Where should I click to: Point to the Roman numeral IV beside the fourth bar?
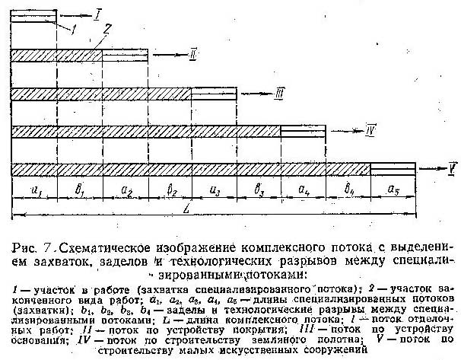(x=370, y=129)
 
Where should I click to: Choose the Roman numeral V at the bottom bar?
(x=453, y=165)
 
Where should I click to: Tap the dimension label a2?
(x=124, y=188)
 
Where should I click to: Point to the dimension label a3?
(x=214, y=188)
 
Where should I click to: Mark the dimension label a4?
(x=303, y=188)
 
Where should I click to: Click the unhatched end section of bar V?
(x=393, y=167)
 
